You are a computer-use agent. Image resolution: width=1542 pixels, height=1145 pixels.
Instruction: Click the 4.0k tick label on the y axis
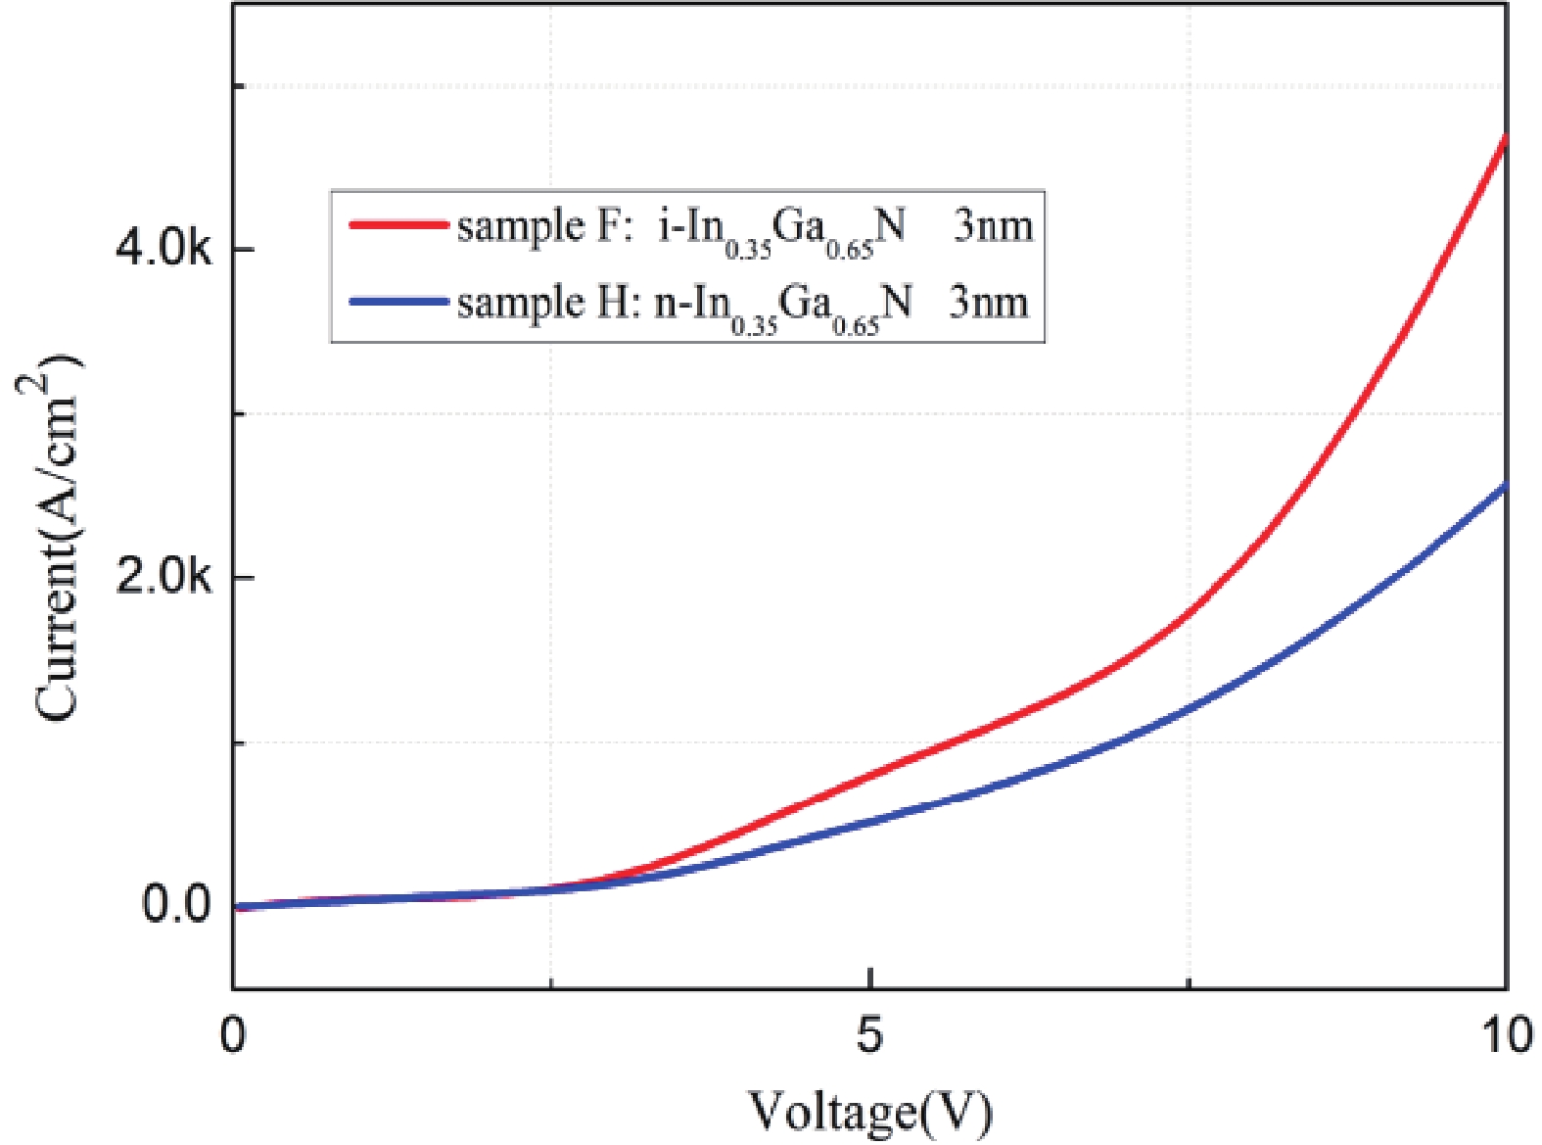coord(163,250)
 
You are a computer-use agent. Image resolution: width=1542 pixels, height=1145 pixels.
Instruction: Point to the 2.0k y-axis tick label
coord(163,577)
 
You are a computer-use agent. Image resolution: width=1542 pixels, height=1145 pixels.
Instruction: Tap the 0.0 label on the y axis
coord(176,904)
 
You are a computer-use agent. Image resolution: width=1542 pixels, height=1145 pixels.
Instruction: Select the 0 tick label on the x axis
coord(233,1035)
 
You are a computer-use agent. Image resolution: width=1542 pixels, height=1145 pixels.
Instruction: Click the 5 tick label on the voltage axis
coord(869,1035)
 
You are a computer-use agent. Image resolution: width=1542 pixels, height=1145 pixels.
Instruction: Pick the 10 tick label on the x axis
coord(1506,1035)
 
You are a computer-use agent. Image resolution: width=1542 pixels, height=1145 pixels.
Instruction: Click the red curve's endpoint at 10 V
coord(1505,139)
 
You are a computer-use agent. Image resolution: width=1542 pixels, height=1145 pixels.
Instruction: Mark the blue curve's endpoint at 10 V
coord(1505,486)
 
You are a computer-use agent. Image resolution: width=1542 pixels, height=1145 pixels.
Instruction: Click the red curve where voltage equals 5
coord(869,775)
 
